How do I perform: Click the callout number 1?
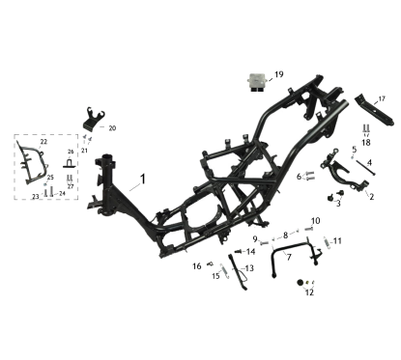pyautogui.click(x=141, y=180)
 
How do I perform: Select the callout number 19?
pyautogui.click(x=278, y=74)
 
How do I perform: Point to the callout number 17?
pyautogui.click(x=381, y=98)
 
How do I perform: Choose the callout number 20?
pyautogui.click(x=111, y=127)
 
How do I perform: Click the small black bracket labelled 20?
pyautogui.click(x=92, y=119)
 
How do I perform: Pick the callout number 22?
pyautogui.click(x=43, y=141)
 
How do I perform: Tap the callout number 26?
pyautogui.click(x=71, y=152)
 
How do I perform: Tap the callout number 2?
pyautogui.click(x=370, y=196)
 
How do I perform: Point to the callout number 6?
pyautogui.click(x=300, y=176)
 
